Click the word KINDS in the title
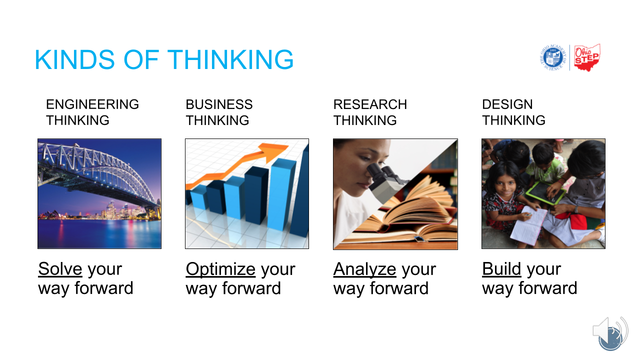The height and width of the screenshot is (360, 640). tap(75, 59)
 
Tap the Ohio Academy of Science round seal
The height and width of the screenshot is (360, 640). tap(553, 57)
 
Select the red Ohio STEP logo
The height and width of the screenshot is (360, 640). tap(587, 57)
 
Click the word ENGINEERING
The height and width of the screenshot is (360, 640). tap(92, 104)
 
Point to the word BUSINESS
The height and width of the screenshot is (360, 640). tap(219, 104)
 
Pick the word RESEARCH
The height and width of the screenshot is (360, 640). tap(370, 104)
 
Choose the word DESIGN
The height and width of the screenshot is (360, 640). tap(507, 104)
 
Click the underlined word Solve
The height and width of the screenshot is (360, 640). tap(60, 269)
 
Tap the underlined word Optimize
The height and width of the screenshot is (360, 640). tap(220, 269)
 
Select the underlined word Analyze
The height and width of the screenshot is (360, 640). tap(364, 269)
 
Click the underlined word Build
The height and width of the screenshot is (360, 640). tap(501, 269)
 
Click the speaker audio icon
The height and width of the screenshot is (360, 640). tap(610, 333)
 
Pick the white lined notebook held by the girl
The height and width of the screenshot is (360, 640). tap(528, 225)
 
